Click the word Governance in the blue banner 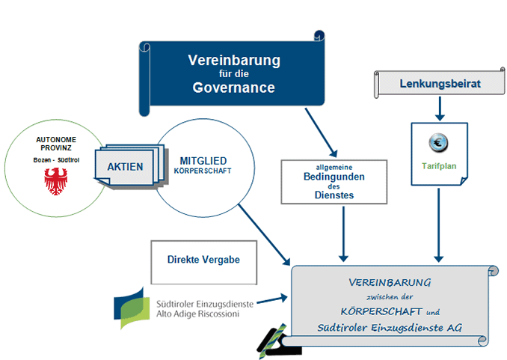(233, 88)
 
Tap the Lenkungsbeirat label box (439, 83)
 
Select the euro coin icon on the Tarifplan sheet (439, 142)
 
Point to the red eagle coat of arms (52, 180)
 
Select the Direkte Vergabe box (203, 260)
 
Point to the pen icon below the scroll (273, 338)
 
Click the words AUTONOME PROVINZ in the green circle (52, 144)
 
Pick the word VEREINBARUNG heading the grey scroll (390, 283)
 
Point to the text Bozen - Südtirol (52, 161)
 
